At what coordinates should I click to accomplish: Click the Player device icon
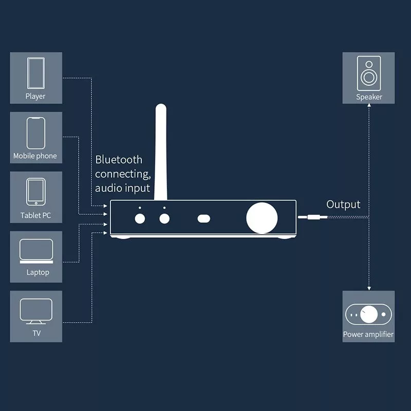35,73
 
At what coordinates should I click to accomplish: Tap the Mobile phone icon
36,133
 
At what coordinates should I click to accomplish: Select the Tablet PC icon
35,192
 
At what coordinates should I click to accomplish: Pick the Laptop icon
36,251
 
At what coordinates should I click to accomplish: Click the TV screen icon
36,310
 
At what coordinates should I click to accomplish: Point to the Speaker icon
369,73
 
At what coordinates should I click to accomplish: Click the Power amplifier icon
368,313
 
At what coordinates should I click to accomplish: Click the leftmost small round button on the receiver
139,218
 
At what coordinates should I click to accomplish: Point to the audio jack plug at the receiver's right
311,218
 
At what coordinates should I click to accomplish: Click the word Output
343,204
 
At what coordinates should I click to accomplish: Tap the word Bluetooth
119,160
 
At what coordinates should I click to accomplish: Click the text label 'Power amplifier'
368,334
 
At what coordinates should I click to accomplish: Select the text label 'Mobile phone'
35,156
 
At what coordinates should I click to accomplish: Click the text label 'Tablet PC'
36,215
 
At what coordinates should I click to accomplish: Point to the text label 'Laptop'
38,272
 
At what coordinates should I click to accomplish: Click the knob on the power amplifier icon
368,313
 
